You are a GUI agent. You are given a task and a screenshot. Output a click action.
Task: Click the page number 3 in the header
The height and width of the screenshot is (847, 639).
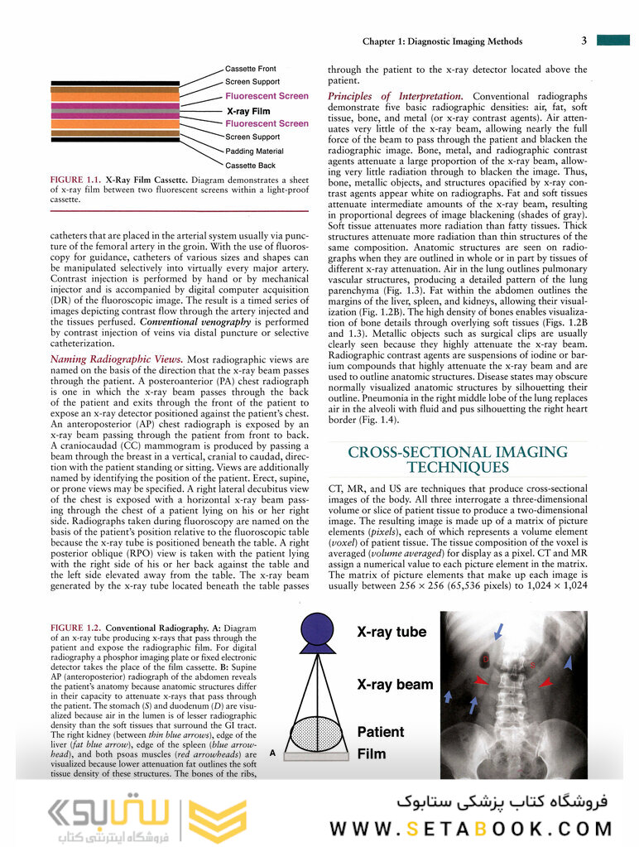pyautogui.click(x=584, y=41)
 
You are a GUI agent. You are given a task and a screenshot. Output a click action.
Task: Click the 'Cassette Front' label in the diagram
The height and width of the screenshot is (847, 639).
pyautogui.click(x=251, y=69)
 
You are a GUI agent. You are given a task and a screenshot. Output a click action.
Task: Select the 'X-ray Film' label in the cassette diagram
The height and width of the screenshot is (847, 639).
pyautogui.click(x=248, y=110)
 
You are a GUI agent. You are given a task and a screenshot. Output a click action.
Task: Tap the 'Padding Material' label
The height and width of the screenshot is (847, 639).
pyautogui.click(x=254, y=152)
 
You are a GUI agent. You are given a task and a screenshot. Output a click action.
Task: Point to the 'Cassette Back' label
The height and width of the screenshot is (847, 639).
pyautogui.click(x=251, y=166)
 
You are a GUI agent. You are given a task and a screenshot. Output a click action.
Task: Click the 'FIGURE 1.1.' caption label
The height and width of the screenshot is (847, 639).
pyautogui.click(x=75, y=179)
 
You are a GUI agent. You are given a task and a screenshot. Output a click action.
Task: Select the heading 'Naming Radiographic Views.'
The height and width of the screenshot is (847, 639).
pyautogui.click(x=115, y=359)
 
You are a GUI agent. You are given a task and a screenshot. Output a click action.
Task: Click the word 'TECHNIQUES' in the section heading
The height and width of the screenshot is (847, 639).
pyautogui.click(x=458, y=468)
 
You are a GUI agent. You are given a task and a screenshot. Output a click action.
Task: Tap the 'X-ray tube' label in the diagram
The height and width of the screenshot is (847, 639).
pyautogui.click(x=392, y=633)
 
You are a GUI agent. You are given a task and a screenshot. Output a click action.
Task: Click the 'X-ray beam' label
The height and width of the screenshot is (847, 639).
pyautogui.click(x=395, y=685)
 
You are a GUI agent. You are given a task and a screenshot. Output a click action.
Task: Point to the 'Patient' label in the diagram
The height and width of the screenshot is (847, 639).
pyautogui.click(x=381, y=732)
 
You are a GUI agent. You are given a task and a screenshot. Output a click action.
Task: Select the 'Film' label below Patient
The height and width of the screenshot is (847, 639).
pyautogui.click(x=371, y=754)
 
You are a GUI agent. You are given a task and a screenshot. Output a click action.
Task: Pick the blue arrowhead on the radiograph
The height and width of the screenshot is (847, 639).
pyautogui.click(x=568, y=662)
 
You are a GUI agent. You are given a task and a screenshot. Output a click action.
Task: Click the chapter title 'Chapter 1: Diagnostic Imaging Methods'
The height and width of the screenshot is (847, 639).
pyautogui.click(x=443, y=41)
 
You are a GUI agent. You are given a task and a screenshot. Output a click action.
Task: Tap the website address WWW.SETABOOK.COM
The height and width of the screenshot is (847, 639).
pyautogui.click(x=471, y=828)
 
